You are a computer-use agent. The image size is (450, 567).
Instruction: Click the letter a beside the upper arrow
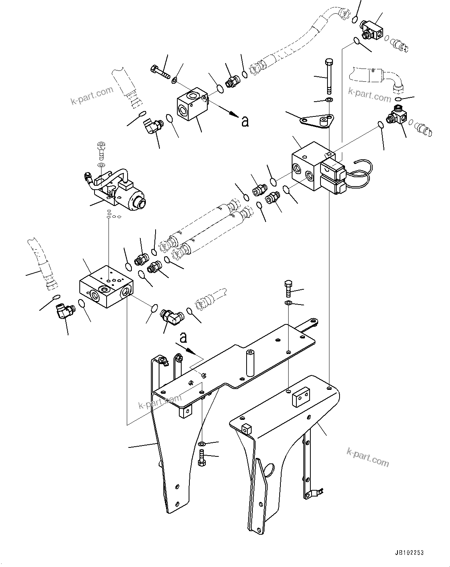(x=245, y=121)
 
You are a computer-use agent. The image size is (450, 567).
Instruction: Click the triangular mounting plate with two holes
(x=316, y=121)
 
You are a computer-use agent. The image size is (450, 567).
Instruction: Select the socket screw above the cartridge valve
(x=101, y=150)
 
